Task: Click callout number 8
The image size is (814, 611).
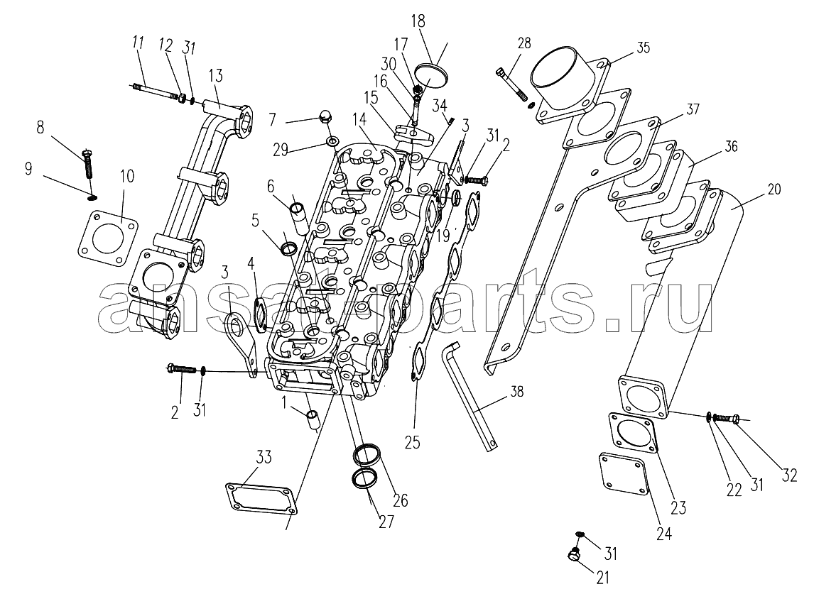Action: (x=40, y=128)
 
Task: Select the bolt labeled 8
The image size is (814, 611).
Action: (x=89, y=167)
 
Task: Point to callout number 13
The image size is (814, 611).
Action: (x=215, y=76)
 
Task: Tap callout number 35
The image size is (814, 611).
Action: (x=643, y=48)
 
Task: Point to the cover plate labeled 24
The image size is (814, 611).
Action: (x=623, y=477)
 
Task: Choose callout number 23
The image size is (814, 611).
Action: (x=678, y=508)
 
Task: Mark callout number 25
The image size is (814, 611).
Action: (x=412, y=442)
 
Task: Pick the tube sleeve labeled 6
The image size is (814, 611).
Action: (x=298, y=213)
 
